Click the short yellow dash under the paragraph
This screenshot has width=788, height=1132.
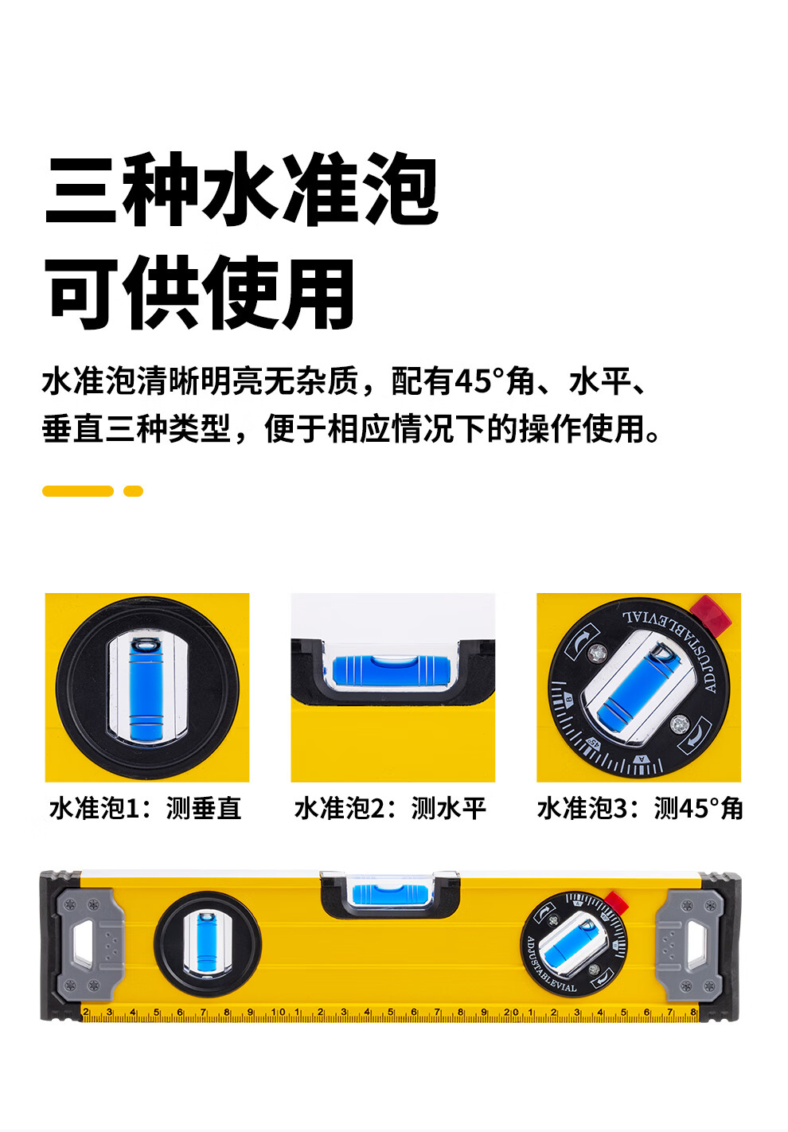pos(134,490)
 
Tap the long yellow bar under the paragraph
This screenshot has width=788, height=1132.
pos(78,490)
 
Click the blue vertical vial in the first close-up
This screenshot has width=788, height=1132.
pos(146,689)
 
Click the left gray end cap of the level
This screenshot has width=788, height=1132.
pos(90,945)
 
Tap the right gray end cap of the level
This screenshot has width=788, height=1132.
pos(689,945)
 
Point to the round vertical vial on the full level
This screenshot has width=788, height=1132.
pos(208,944)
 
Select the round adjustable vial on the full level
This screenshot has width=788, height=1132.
pos(574,943)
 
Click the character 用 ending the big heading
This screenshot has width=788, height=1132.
pos(318,293)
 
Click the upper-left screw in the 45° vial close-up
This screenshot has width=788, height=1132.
pos(598,653)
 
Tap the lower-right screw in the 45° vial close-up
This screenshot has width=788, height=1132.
pos(679,724)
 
